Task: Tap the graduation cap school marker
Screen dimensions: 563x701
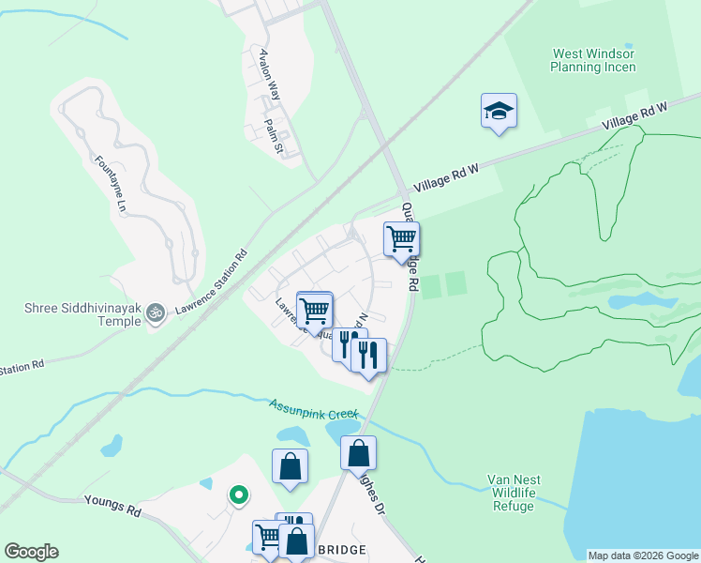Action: tap(499, 113)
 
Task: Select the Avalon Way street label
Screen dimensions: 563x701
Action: tap(271, 74)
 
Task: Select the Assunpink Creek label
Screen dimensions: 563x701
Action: tap(315, 410)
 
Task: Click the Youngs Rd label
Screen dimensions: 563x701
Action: tap(112, 509)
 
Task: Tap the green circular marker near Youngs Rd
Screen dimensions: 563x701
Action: tap(239, 494)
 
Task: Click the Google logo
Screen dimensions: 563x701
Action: tap(31, 552)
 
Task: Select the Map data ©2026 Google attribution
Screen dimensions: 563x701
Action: tap(642, 555)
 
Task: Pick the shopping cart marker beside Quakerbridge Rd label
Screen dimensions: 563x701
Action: tap(401, 239)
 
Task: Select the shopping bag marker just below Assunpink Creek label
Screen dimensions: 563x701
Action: tap(358, 453)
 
